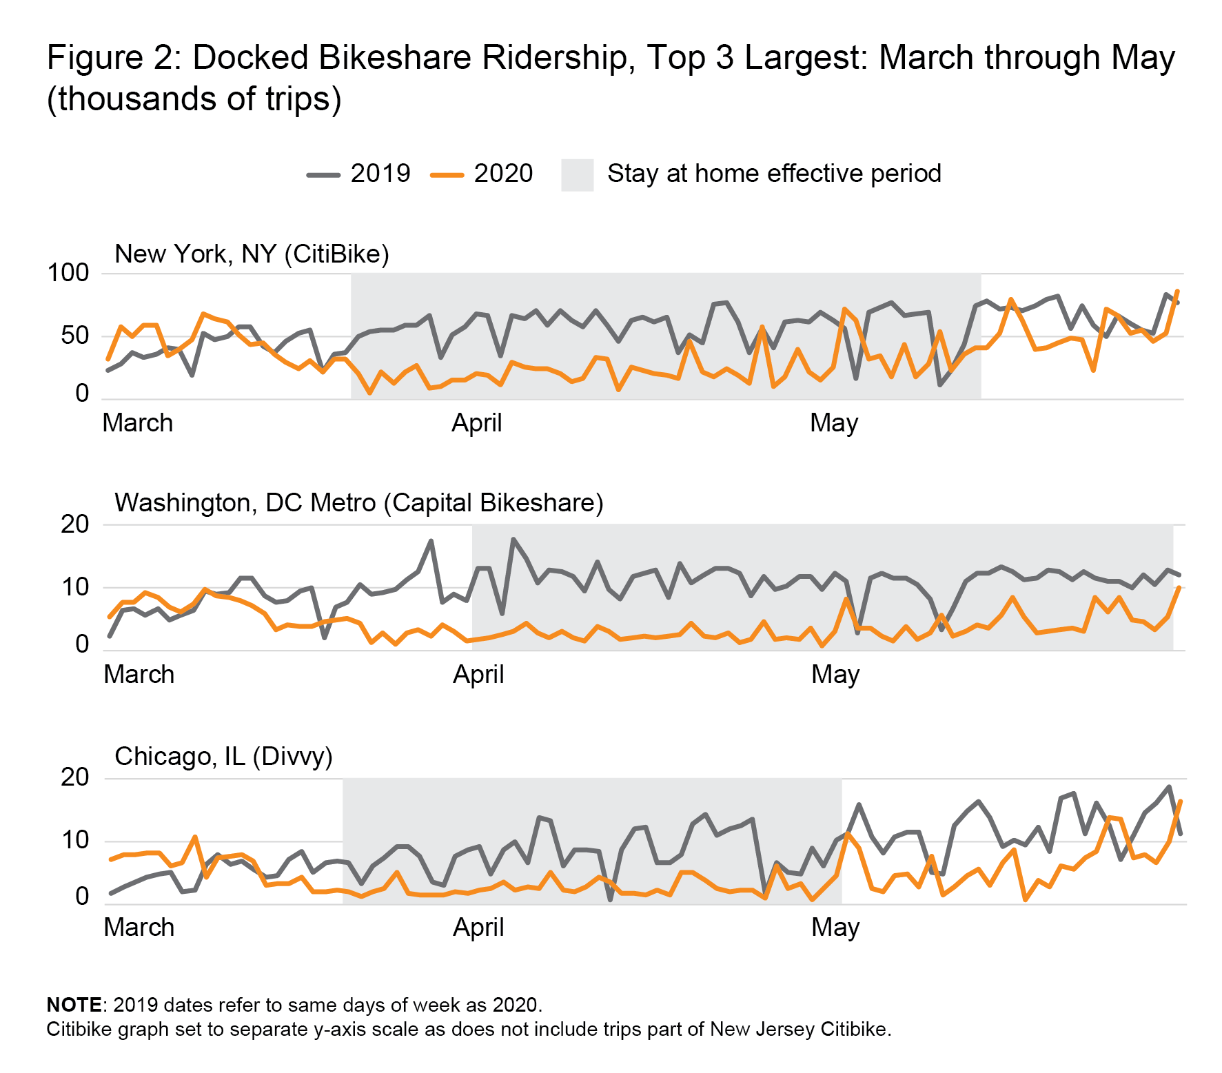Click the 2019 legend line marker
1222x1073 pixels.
[x=323, y=175]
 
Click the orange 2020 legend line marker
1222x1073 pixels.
[x=447, y=175]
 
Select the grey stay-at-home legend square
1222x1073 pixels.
[x=577, y=175]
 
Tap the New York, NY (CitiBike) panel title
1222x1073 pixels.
[x=252, y=254]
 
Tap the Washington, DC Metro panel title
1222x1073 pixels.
[x=358, y=503]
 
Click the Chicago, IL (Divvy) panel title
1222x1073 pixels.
[x=223, y=757]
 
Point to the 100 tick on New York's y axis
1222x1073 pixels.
[x=68, y=273]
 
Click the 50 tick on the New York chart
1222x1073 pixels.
[x=75, y=336]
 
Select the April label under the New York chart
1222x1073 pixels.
[x=476, y=422]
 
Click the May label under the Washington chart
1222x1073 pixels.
[x=835, y=674]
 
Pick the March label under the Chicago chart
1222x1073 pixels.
[x=139, y=927]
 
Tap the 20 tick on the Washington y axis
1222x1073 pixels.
[x=75, y=524]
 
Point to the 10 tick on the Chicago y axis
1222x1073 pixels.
[x=75, y=840]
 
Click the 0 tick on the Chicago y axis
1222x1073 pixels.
[x=82, y=897]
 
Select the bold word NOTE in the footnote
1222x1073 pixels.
[x=74, y=1005]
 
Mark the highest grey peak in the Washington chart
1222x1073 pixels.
[x=513, y=539]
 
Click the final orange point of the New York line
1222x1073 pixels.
[x=1177, y=291]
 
